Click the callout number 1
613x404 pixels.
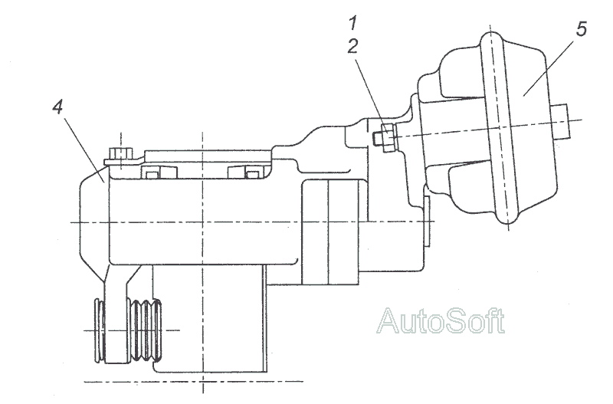pos(353,23)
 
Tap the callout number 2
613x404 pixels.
pos(352,47)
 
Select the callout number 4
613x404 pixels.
pos(57,107)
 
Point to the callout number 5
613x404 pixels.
pos(582,29)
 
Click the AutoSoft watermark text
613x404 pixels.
pos(441,320)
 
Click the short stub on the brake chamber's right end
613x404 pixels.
pos(561,121)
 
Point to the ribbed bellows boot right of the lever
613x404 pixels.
pos(144,330)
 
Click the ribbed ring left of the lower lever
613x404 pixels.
pos(100,330)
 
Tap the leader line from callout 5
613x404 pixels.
pos(549,67)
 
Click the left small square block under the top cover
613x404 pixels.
pos(151,172)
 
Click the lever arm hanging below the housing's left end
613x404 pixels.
pos(116,313)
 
